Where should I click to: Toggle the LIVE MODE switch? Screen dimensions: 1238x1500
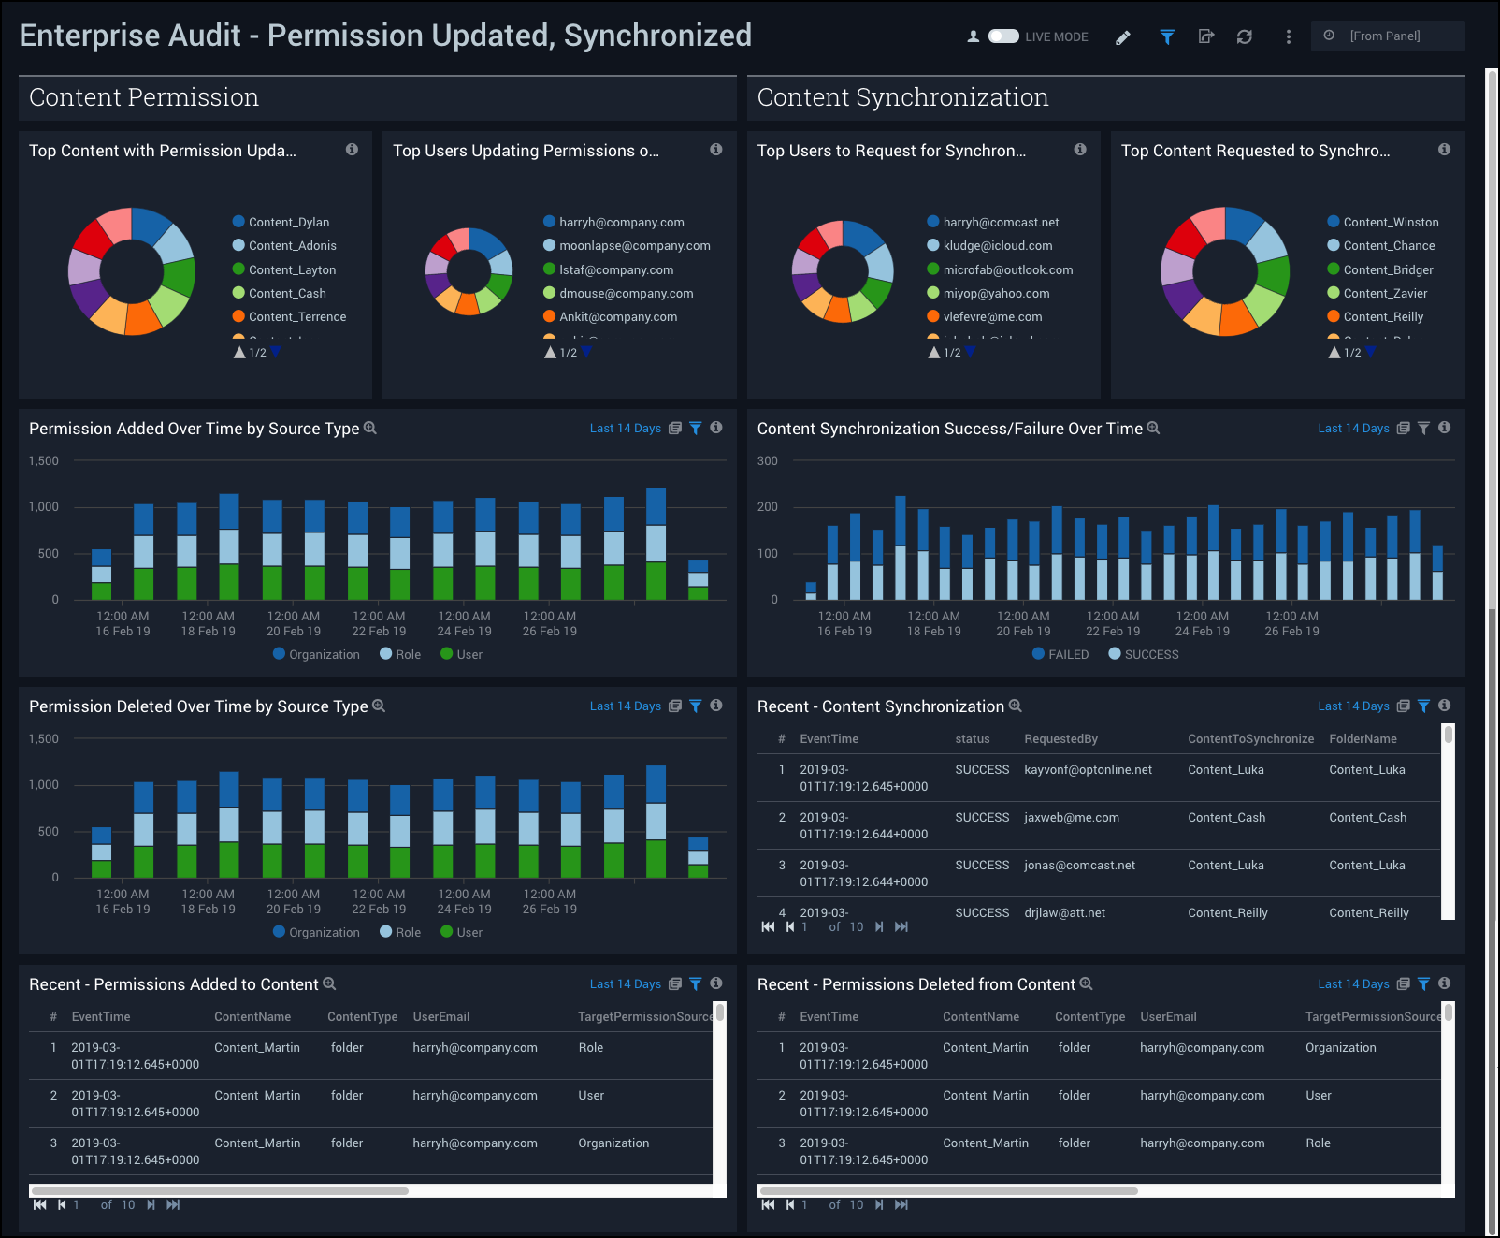point(1003,36)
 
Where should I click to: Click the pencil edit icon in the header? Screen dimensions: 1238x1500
point(1123,37)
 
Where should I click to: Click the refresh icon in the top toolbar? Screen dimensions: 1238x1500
point(1244,36)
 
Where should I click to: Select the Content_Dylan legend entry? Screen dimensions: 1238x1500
point(288,223)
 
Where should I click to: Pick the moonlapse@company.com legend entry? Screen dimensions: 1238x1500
point(634,246)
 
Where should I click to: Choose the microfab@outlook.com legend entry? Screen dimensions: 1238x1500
point(1007,270)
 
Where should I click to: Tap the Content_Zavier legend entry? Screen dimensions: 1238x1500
point(1384,294)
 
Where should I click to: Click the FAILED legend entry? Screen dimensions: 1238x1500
point(1067,655)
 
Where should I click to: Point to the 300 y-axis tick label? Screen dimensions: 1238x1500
point(767,461)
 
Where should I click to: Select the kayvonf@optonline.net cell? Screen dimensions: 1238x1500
point(1088,770)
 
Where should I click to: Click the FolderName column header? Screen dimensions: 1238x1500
point(1363,739)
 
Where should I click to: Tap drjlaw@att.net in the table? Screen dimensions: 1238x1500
point(1064,913)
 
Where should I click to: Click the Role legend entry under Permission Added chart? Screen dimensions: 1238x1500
point(407,655)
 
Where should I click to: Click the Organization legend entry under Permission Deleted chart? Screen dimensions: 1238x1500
point(323,933)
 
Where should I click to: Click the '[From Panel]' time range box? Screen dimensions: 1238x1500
point(1387,36)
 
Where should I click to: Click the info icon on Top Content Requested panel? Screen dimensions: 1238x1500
point(1444,150)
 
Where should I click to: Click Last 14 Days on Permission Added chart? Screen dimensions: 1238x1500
point(625,429)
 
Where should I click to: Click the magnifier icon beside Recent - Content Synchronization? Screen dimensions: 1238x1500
point(1016,706)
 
